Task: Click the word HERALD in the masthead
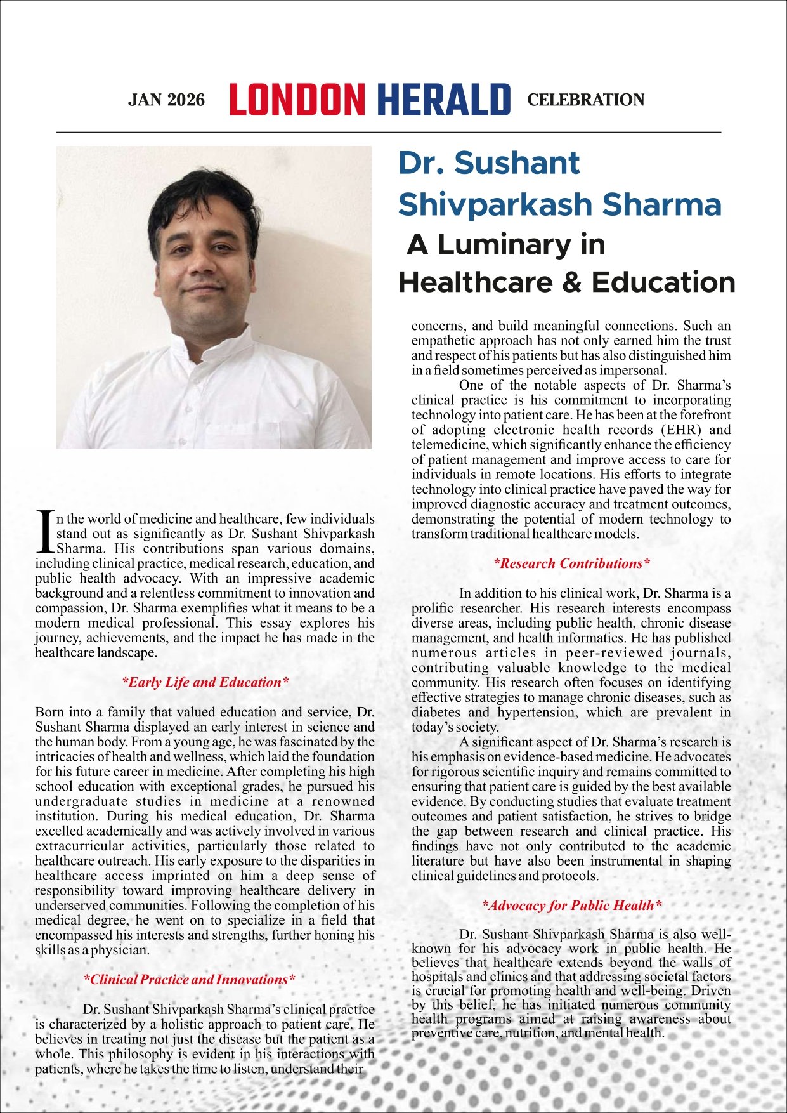pos(443,100)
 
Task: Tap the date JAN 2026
pos(166,100)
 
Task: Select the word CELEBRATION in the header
pos(585,100)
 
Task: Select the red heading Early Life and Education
pos(205,682)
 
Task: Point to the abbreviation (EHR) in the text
pos(660,430)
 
